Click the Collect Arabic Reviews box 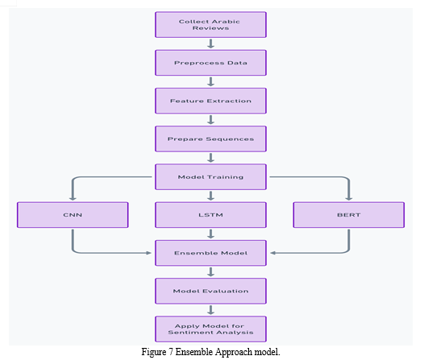(210, 24)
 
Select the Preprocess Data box (210, 63)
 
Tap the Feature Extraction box (210, 101)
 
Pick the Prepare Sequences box (210, 139)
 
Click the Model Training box (210, 176)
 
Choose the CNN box (73, 215)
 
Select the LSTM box (210, 215)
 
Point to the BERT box (349, 215)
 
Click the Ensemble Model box (210, 253)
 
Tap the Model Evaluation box (210, 291)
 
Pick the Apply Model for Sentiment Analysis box (210, 329)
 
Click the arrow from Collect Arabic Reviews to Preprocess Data (210, 43)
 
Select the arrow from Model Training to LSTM (210, 196)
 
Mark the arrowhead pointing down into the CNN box (73, 199)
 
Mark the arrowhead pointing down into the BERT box (349, 199)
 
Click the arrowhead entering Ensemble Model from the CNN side (149, 253)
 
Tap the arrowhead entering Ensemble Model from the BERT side (272, 253)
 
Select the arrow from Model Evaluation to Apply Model (210, 310)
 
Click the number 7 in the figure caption (171, 352)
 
